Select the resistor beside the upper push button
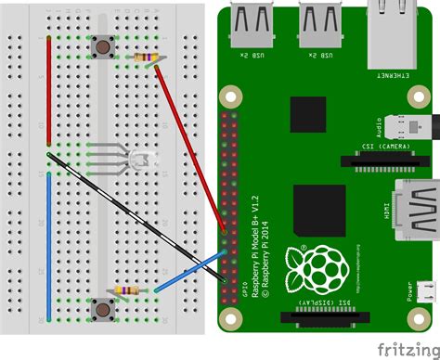tap(144, 58)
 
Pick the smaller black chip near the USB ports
tap(308, 113)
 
